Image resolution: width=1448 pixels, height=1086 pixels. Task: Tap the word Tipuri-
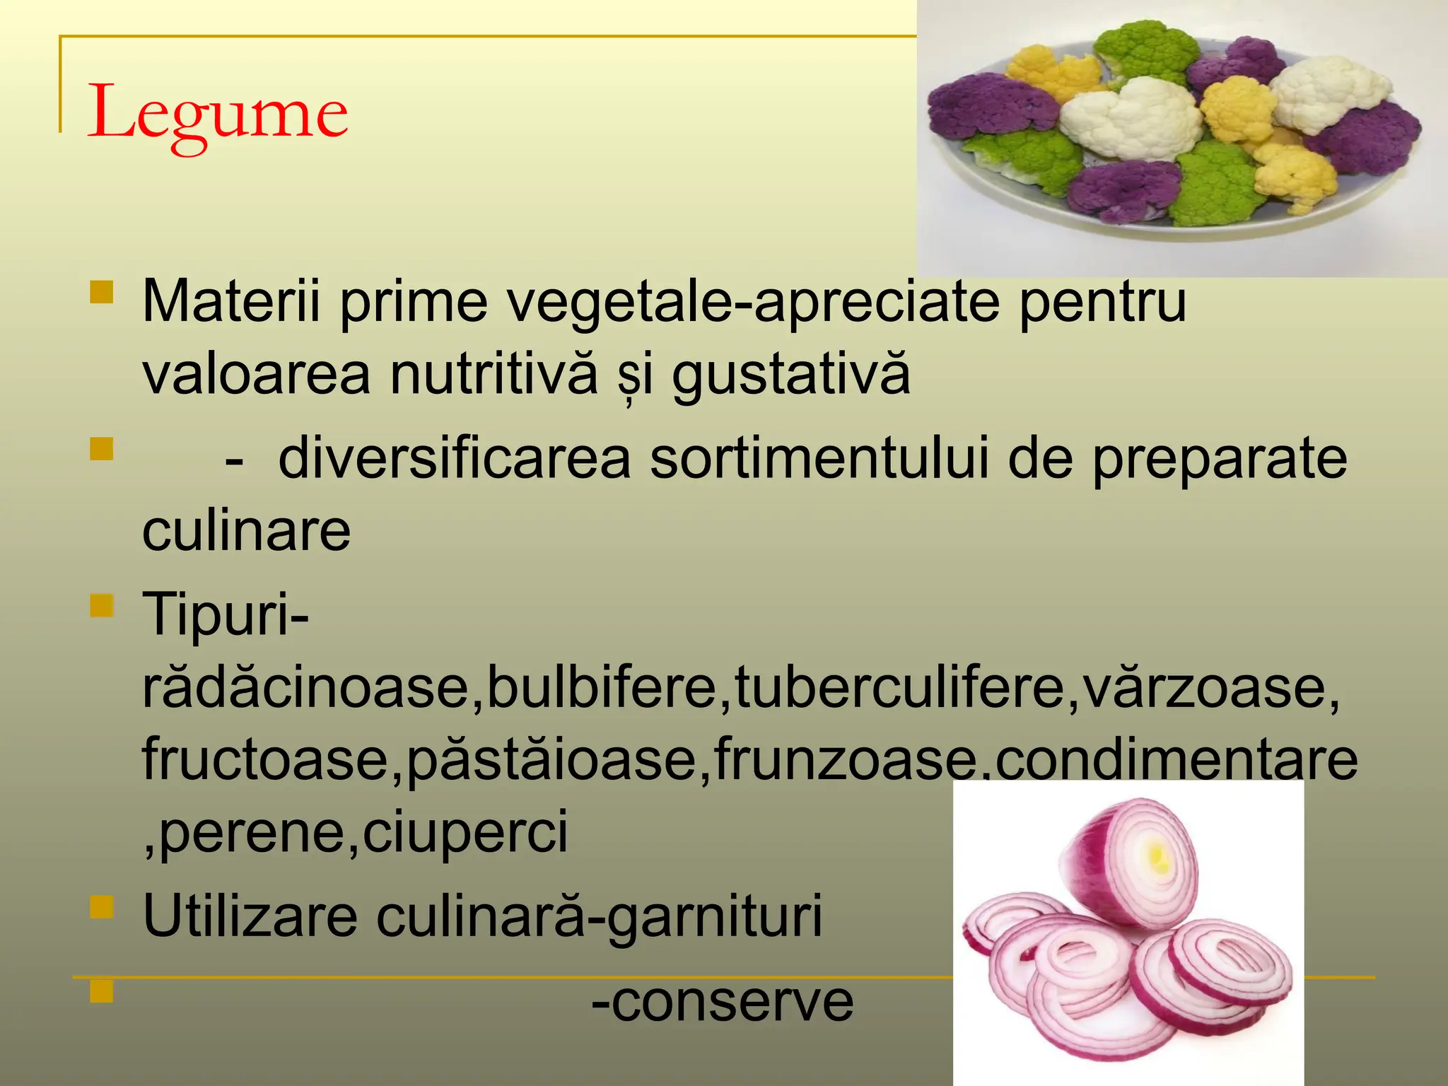pyautogui.click(x=226, y=614)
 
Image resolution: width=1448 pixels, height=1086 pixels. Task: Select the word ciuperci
pyautogui.click(x=465, y=832)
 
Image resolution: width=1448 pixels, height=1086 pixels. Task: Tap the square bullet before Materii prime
pyautogui.click(x=102, y=292)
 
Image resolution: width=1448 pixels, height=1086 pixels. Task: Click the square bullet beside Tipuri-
pyautogui.click(x=102, y=605)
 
